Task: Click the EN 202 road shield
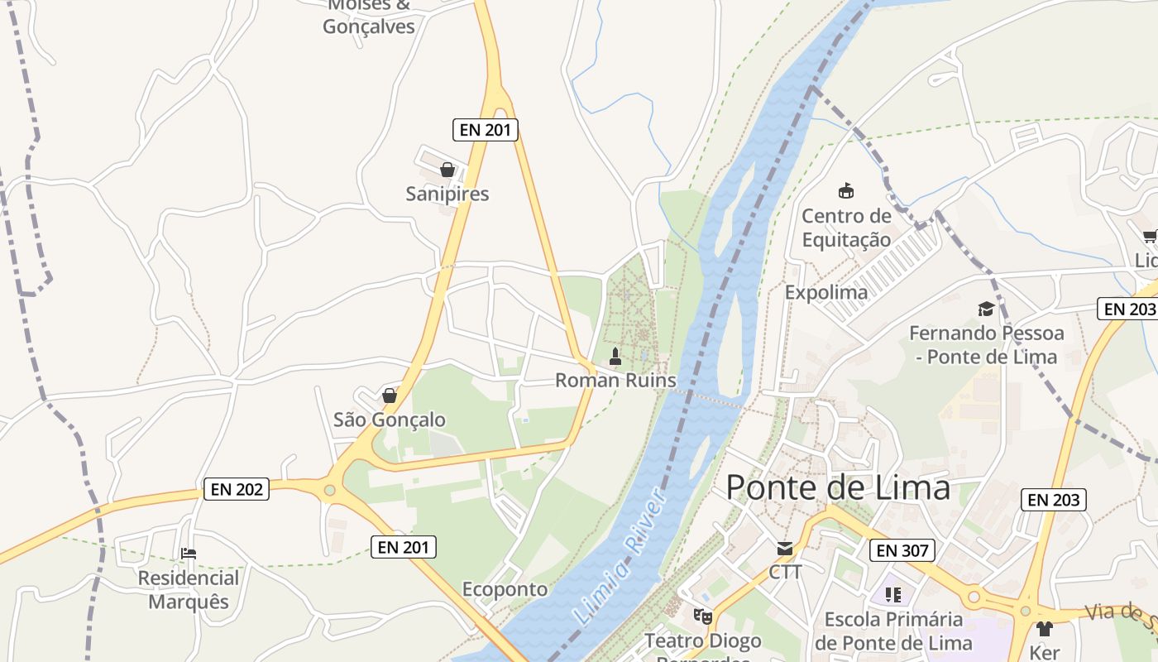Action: tap(237, 489)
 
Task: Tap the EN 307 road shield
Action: tap(902, 550)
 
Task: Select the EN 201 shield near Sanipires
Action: tap(486, 129)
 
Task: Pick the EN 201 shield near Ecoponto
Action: tap(403, 546)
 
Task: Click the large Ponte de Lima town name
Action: tap(838, 487)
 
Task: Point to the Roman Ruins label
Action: tap(615, 381)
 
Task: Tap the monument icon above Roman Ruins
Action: tap(615, 357)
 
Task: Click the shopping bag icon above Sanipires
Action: tap(447, 170)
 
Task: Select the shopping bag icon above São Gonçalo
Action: tap(389, 396)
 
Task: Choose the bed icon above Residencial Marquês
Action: tap(189, 554)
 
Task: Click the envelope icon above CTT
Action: tap(784, 548)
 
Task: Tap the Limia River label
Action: tap(620, 556)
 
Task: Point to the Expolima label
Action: tap(825, 292)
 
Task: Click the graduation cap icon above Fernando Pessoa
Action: tap(986, 309)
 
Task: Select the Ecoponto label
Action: tap(505, 589)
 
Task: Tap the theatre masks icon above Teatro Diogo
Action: tap(702, 616)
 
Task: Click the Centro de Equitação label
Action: tap(846, 228)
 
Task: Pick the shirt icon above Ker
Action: tap(1044, 629)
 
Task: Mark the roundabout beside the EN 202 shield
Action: tap(330, 491)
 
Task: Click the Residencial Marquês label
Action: tap(189, 589)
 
